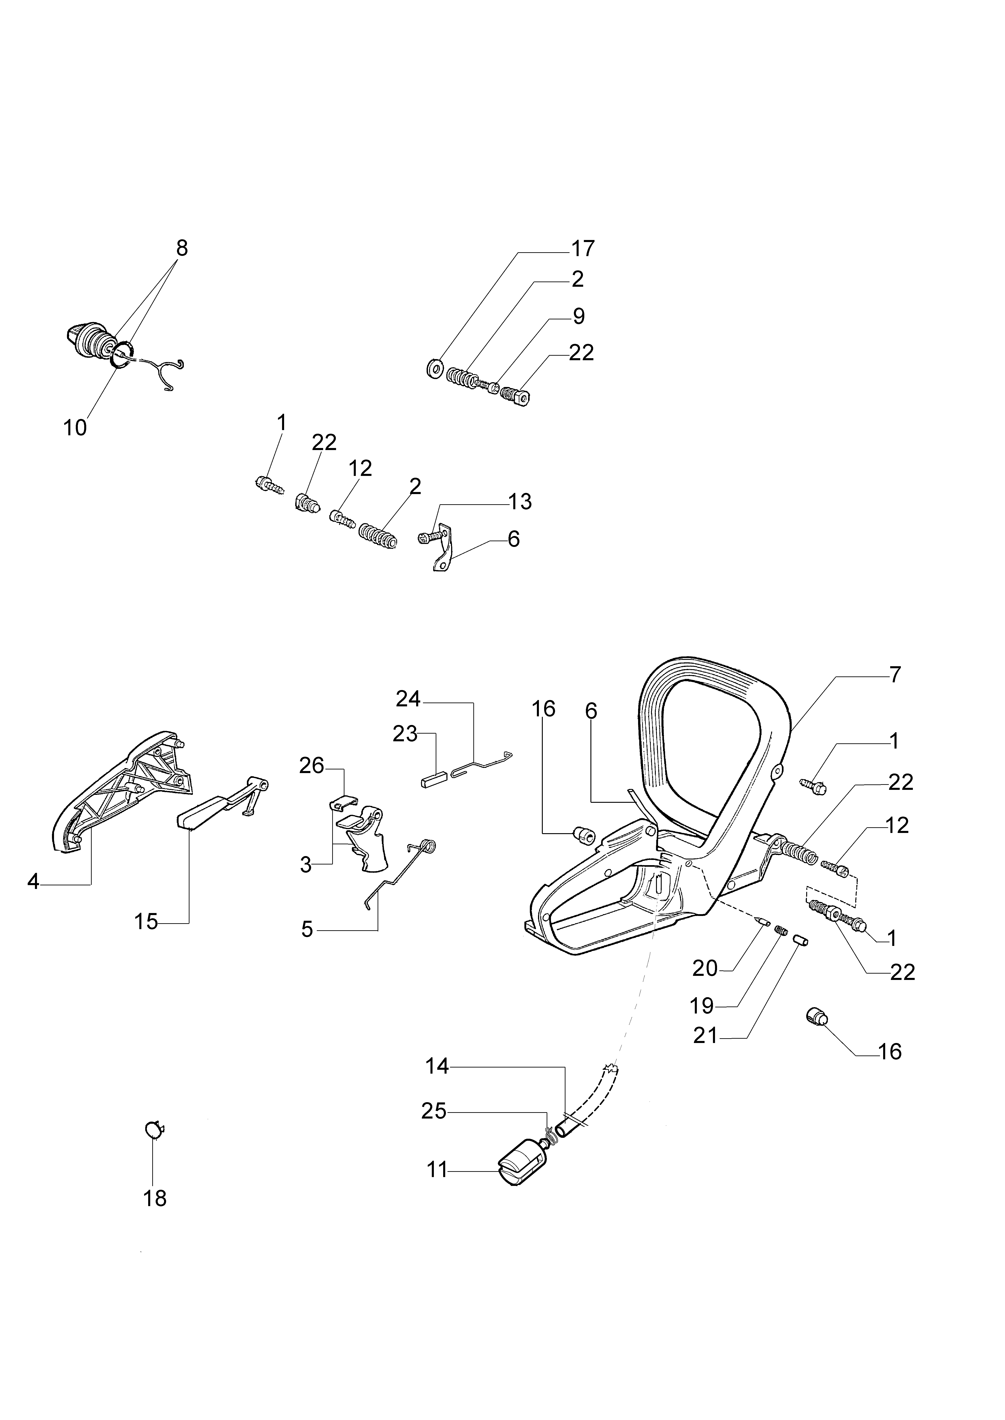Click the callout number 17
(x=582, y=249)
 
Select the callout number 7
(x=895, y=674)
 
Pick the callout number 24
(x=408, y=700)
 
